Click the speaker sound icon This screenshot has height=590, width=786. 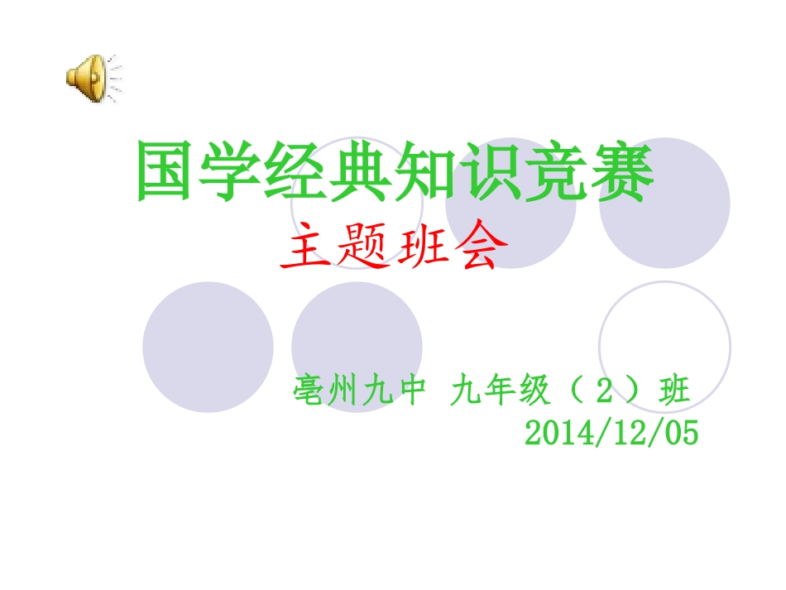(x=91, y=79)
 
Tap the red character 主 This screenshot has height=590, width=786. (x=305, y=250)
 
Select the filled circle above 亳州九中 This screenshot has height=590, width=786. (x=357, y=339)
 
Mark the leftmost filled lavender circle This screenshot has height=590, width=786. (x=208, y=347)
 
